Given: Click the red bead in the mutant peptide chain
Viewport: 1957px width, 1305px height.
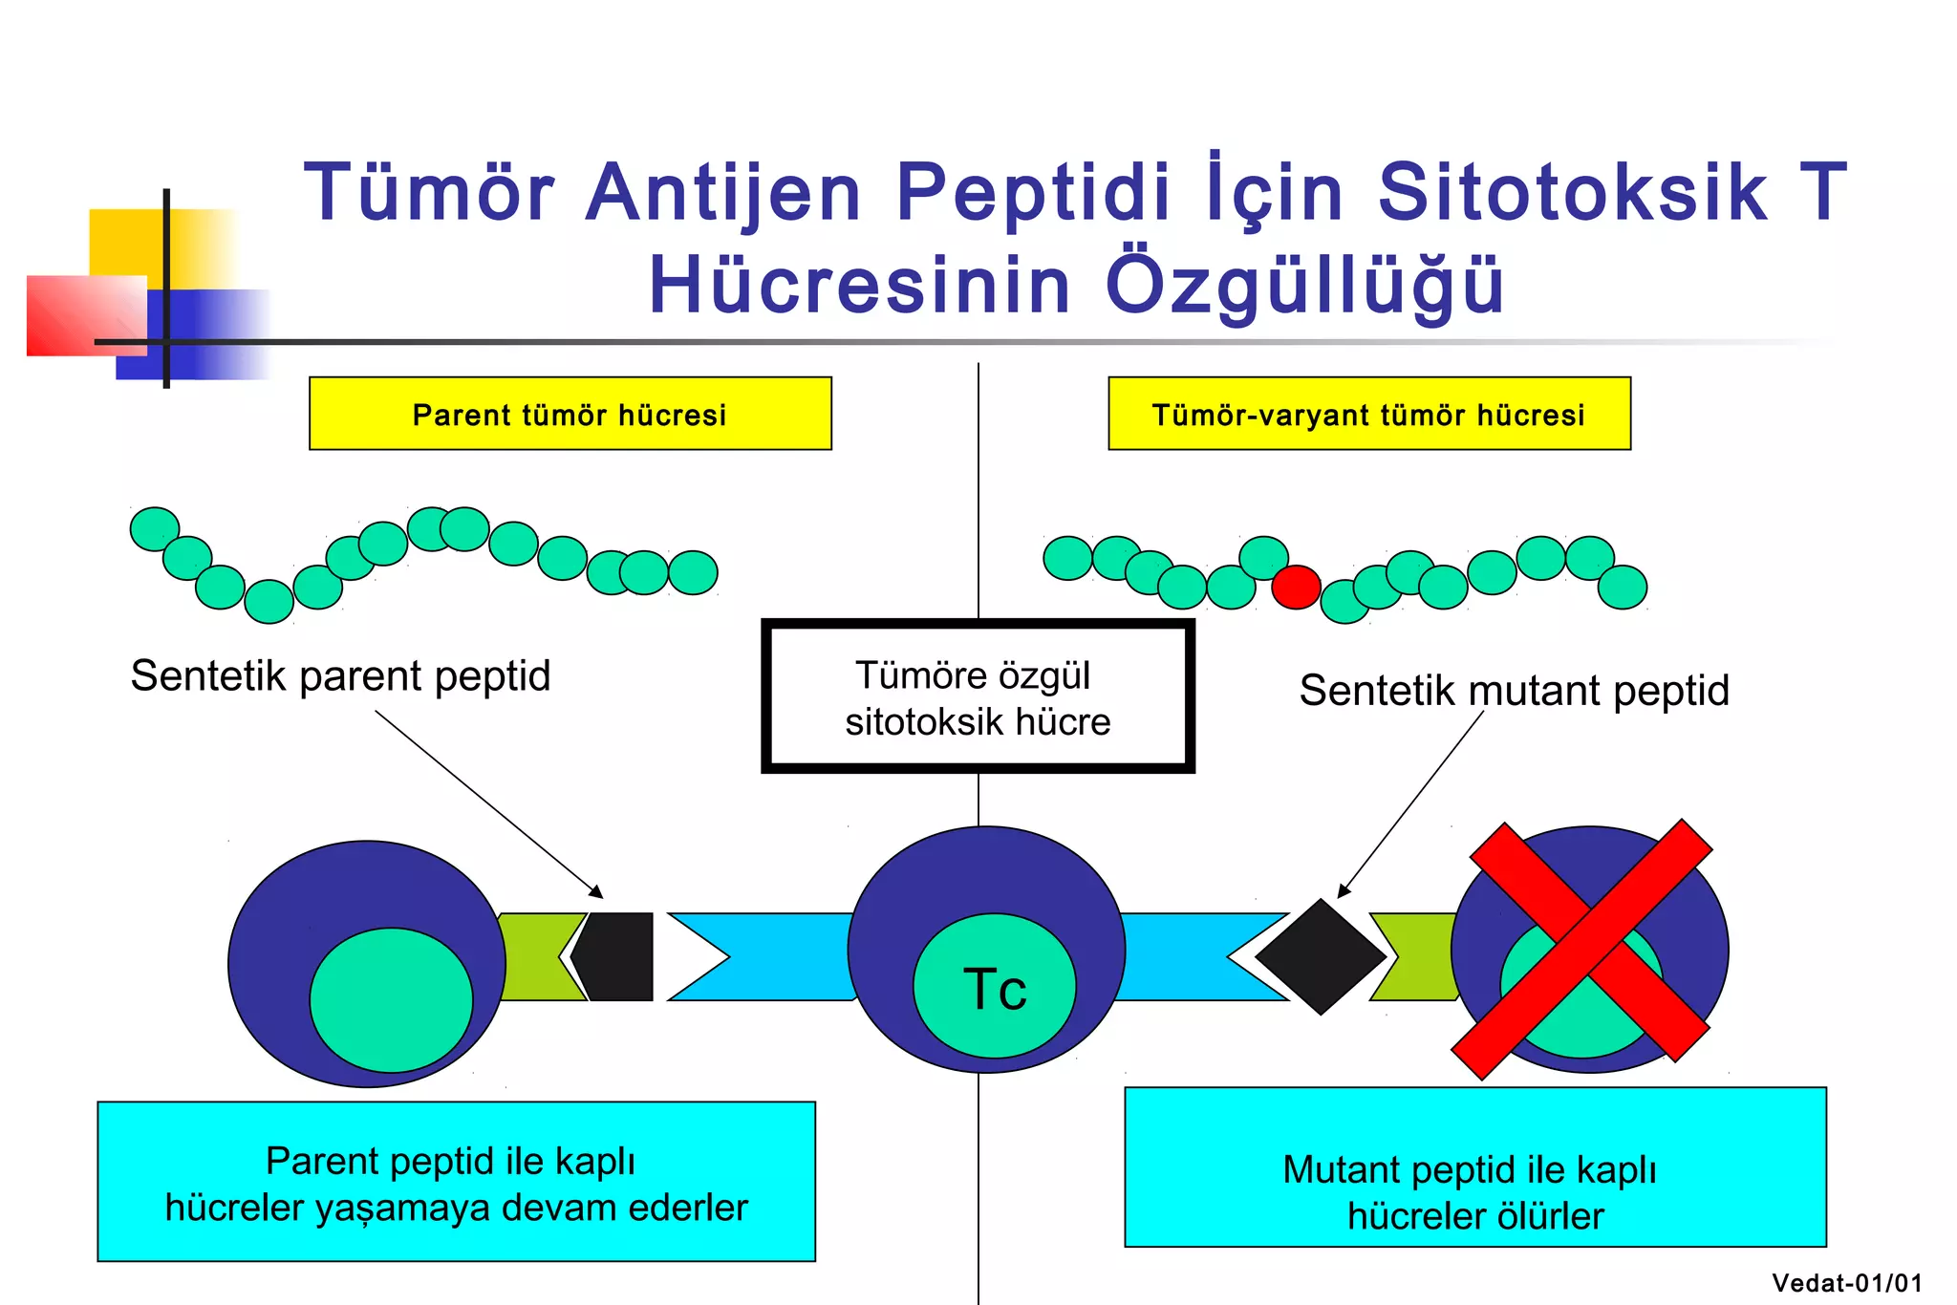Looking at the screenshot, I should (x=1296, y=587).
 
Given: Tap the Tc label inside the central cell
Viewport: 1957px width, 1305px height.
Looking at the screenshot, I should (x=995, y=989).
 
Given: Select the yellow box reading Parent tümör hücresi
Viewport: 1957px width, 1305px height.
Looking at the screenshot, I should (x=570, y=414).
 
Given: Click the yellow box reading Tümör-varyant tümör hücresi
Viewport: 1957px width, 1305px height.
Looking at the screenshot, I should (x=1368, y=414).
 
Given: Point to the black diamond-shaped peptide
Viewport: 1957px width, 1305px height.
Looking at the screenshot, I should (x=1321, y=955).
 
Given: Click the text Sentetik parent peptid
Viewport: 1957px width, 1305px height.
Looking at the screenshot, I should (x=340, y=675).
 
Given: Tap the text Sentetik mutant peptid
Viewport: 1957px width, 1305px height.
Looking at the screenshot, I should (x=1514, y=690).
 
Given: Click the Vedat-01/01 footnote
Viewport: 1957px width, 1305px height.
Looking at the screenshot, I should (x=1846, y=1283).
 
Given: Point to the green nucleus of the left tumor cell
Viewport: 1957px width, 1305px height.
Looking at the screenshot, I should (x=391, y=999).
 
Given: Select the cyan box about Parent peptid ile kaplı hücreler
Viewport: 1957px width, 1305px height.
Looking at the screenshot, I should (x=456, y=1182).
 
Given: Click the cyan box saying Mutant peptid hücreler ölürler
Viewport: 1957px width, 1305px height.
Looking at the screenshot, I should (x=1474, y=1167).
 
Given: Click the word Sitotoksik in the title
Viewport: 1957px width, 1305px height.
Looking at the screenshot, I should (x=1572, y=192).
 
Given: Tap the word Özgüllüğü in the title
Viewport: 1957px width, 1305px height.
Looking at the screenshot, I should (x=1304, y=285).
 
